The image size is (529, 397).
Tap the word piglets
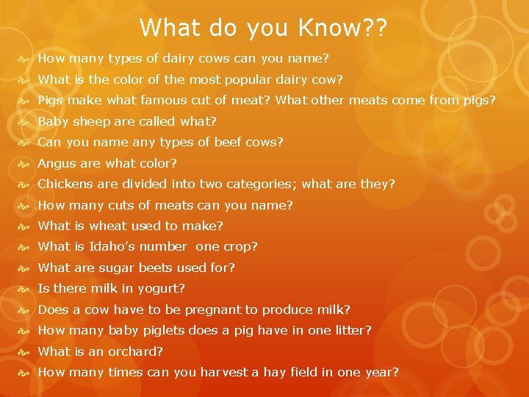pyautogui.click(x=170, y=331)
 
